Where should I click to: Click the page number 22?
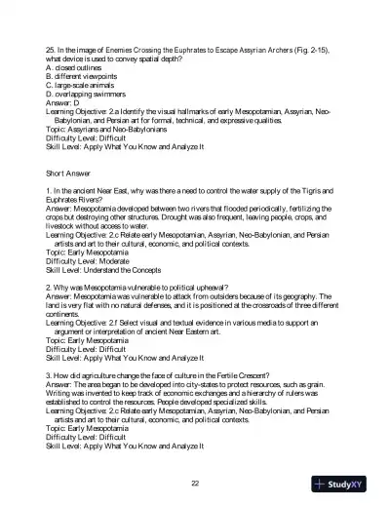(x=195, y=485)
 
